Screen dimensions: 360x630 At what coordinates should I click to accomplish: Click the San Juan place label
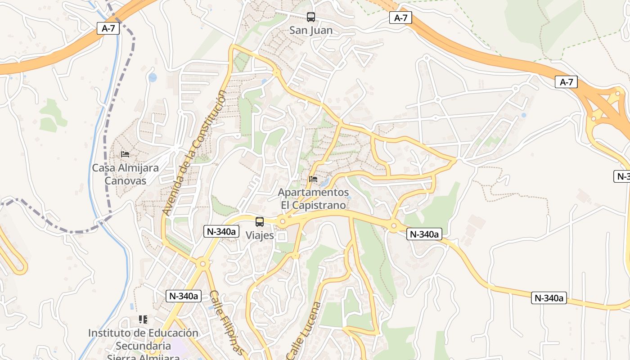(x=310, y=31)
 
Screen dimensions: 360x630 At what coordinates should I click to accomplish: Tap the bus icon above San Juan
(x=310, y=17)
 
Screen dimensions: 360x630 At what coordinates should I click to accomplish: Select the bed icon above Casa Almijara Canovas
(x=125, y=154)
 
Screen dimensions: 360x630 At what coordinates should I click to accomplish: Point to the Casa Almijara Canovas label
(x=125, y=174)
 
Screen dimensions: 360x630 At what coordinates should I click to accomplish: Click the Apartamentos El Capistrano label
(x=313, y=198)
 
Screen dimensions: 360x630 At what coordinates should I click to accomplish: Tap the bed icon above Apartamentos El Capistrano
(x=313, y=179)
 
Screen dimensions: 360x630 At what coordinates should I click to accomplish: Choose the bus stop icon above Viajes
(x=260, y=221)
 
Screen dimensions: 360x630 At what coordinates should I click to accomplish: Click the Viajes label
(x=260, y=235)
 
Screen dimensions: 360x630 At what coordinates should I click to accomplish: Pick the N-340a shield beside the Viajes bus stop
(x=221, y=231)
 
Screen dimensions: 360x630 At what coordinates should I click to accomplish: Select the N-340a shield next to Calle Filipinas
(x=183, y=296)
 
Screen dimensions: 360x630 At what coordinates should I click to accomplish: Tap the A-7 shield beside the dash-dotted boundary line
(x=108, y=28)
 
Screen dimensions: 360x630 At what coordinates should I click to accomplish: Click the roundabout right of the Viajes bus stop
(x=283, y=221)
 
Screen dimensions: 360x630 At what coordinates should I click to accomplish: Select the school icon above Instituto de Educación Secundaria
(x=143, y=319)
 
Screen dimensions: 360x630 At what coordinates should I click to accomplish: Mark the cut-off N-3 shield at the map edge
(x=622, y=176)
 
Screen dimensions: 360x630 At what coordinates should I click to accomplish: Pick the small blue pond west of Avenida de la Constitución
(x=153, y=77)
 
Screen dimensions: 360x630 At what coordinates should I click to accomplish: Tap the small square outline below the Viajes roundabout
(x=282, y=236)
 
